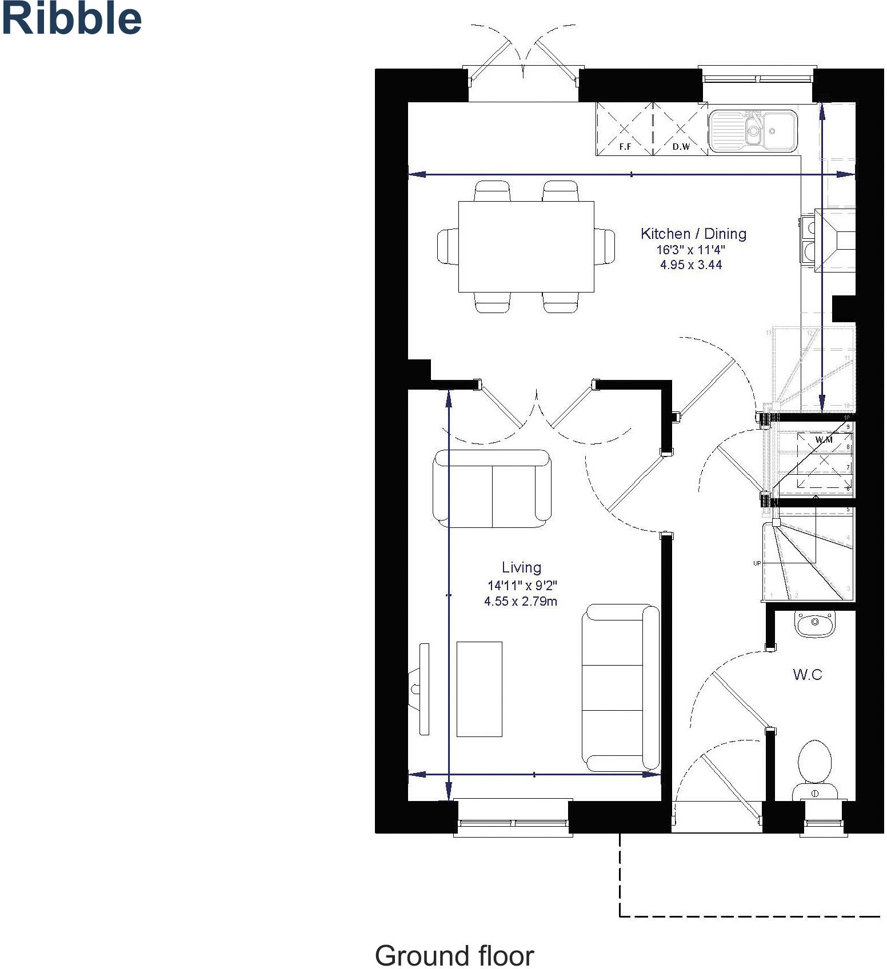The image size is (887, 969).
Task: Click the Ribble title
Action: (71, 18)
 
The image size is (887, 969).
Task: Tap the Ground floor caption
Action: (454, 955)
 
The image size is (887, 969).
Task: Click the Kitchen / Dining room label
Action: (693, 233)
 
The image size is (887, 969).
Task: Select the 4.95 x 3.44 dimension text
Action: (691, 265)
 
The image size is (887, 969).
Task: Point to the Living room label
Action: (521, 567)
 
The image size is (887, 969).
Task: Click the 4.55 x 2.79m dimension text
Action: (520, 601)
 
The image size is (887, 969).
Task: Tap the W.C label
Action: (808, 675)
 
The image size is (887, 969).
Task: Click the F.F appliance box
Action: (625, 129)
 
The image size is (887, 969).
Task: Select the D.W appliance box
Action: (680, 129)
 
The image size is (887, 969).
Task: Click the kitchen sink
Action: (753, 131)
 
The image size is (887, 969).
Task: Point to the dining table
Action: (526, 246)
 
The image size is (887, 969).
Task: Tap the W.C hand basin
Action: (815, 623)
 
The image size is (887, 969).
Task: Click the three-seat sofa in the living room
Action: (621, 688)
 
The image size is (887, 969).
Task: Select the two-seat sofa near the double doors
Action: (492, 488)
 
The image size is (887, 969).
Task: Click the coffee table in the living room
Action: (480, 689)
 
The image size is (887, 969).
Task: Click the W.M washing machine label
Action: (824, 439)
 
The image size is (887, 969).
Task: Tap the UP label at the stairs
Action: (757, 563)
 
